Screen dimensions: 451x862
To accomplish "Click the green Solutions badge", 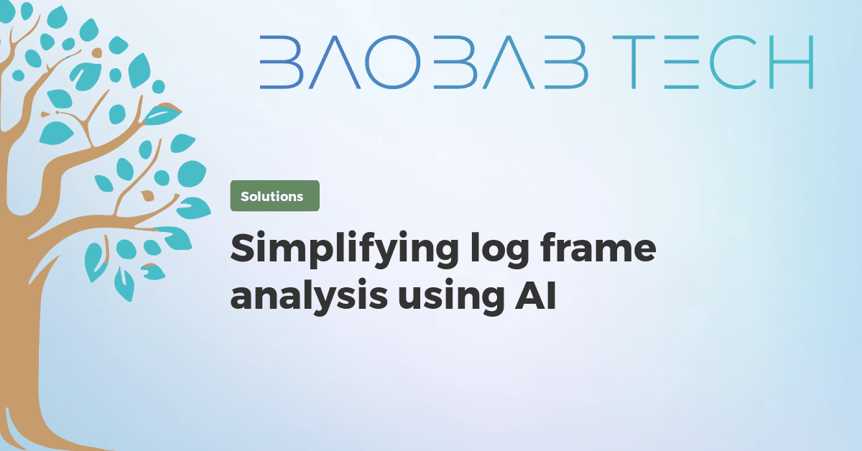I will click(x=274, y=196).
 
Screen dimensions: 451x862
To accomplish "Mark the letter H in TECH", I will click(x=791, y=62).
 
